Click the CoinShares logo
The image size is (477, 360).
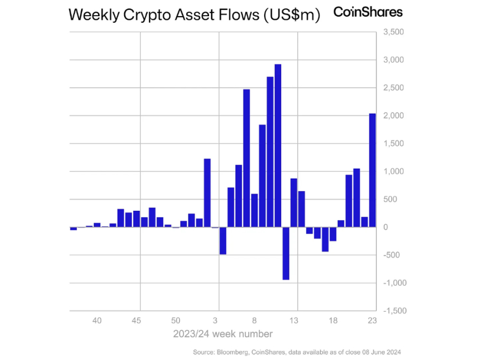(368, 12)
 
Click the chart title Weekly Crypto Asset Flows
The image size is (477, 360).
(195, 15)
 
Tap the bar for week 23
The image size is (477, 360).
(373, 170)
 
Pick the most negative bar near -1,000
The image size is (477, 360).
(286, 253)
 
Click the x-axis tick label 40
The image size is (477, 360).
(97, 321)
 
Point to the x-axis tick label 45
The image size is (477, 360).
(136, 321)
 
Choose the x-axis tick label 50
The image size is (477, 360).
(176, 321)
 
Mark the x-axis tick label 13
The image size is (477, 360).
(294, 321)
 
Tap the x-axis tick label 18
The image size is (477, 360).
(333, 321)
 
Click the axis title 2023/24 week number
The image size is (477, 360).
(223, 334)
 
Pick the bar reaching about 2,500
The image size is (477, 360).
(246, 158)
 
